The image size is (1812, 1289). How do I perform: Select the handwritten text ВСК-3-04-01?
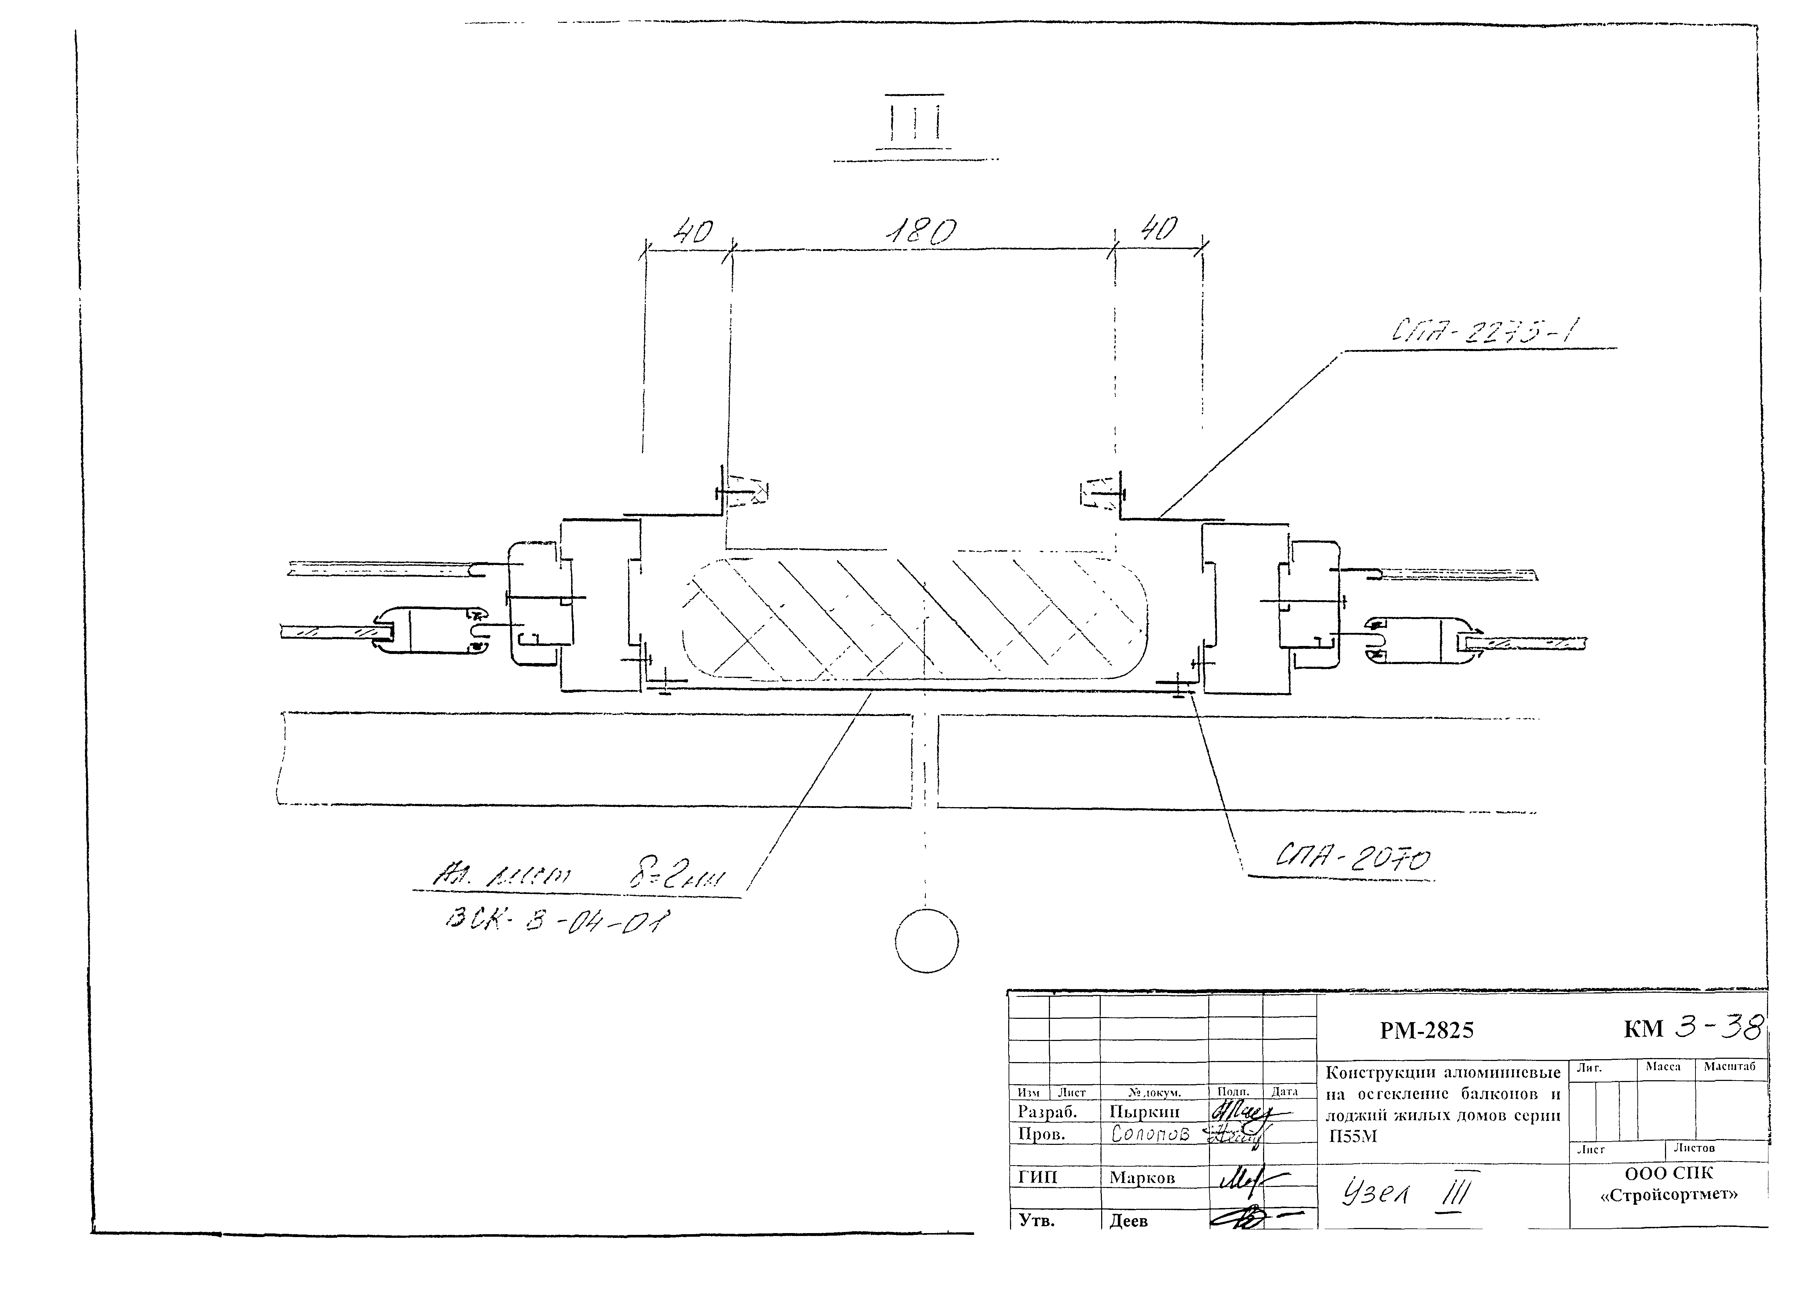click(559, 921)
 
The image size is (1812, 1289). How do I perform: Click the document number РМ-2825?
click(1426, 1030)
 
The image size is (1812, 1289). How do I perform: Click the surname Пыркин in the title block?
click(1144, 1113)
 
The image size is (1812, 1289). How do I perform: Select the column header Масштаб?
click(1730, 1067)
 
